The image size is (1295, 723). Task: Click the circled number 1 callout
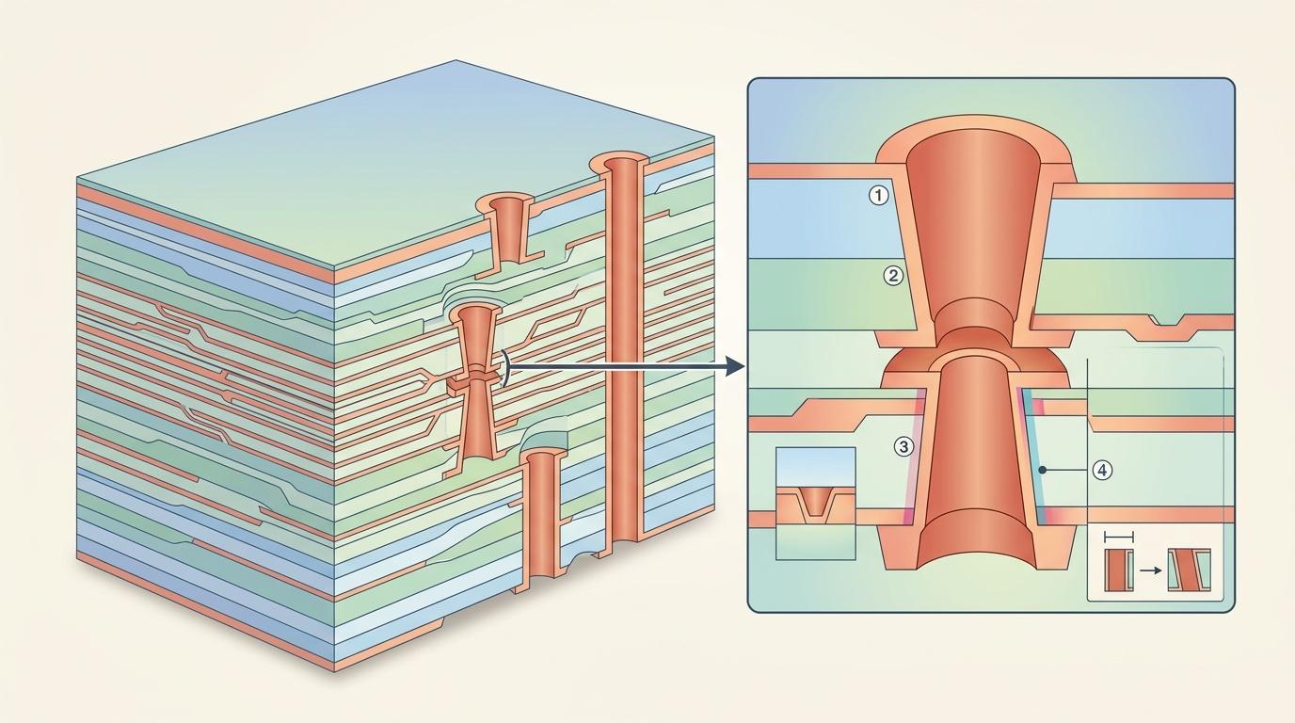[877, 196]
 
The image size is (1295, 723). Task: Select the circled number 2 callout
[893, 276]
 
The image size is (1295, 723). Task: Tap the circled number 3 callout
[903, 447]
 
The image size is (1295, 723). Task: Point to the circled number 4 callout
[1103, 470]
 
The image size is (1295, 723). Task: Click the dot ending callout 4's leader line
[1042, 469]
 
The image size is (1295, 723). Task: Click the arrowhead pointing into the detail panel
[735, 365]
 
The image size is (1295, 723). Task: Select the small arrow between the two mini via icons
[1148, 570]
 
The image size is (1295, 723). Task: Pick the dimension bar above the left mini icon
[1119, 537]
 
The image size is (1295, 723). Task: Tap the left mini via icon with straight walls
[1119, 570]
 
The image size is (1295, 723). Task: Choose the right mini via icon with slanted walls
[1188, 570]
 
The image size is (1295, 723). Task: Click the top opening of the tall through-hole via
[620, 166]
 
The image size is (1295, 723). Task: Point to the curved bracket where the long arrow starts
[506, 366]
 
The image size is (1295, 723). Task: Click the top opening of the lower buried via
[542, 457]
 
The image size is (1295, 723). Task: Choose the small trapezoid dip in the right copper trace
[1166, 326]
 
